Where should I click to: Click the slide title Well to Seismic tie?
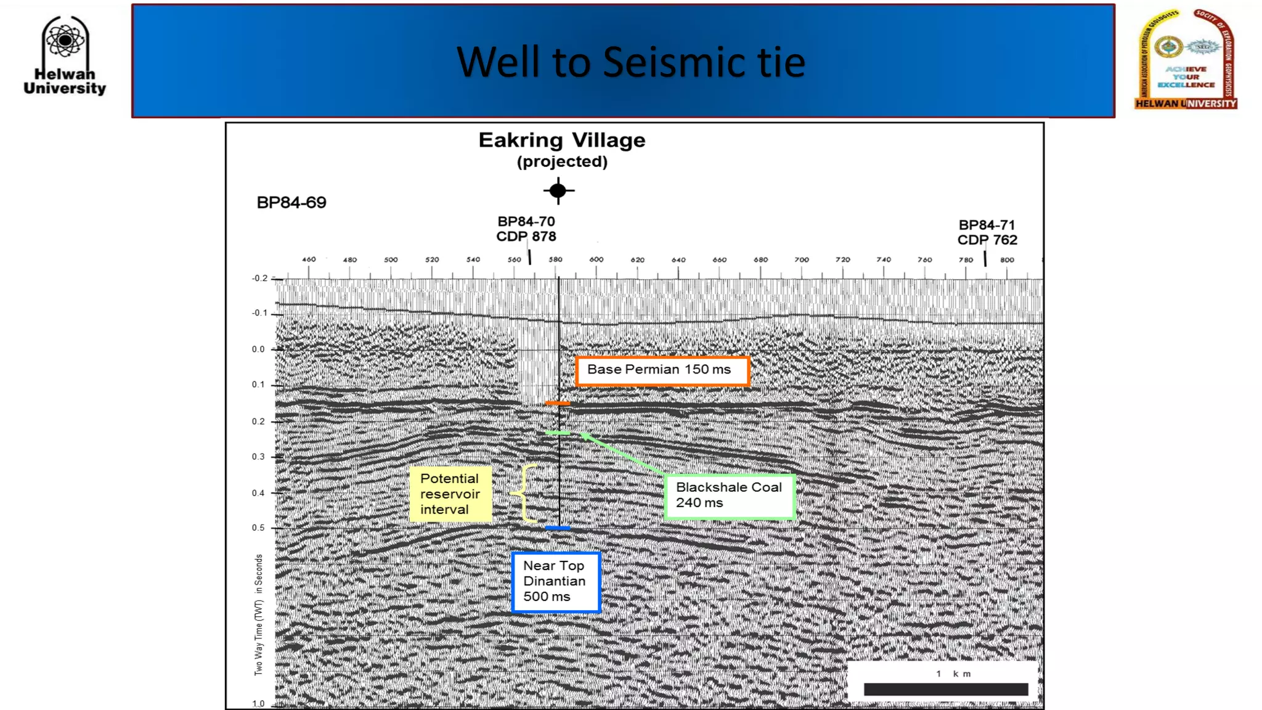pyautogui.click(x=630, y=62)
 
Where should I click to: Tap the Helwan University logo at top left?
pyautogui.click(x=65, y=55)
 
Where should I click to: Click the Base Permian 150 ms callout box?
pyautogui.click(x=662, y=370)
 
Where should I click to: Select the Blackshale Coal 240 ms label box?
pyautogui.click(x=730, y=496)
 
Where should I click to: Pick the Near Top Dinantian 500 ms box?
pyautogui.click(x=555, y=581)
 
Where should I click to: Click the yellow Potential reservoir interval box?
pyautogui.click(x=450, y=494)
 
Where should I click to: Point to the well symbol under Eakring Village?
pyautogui.click(x=558, y=191)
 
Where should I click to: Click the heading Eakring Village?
pyautogui.click(x=561, y=141)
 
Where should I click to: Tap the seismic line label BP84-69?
pyautogui.click(x=291, y=203)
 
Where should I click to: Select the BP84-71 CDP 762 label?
pyautogui.click(x=987, y=232)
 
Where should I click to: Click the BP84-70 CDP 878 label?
pyautogui.click(x=526, y=229)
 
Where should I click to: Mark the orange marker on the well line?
pyautogui.click(x=557, y=403)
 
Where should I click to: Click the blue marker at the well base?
pyautogui.click(x=558, y=528)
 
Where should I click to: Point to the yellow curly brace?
pyautogui.click(x=524, y=494)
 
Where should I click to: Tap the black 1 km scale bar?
pyautogui.click(x=945, y=689)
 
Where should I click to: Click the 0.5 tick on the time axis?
pyautogui.click(x=258, y=528)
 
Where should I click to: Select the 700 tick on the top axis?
pyautogui.click(x=801, y=260)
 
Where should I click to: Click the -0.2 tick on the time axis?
pyautogui.click(x=259, y=279)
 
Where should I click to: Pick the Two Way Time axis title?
pyautogui.click(x=259, y=614)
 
